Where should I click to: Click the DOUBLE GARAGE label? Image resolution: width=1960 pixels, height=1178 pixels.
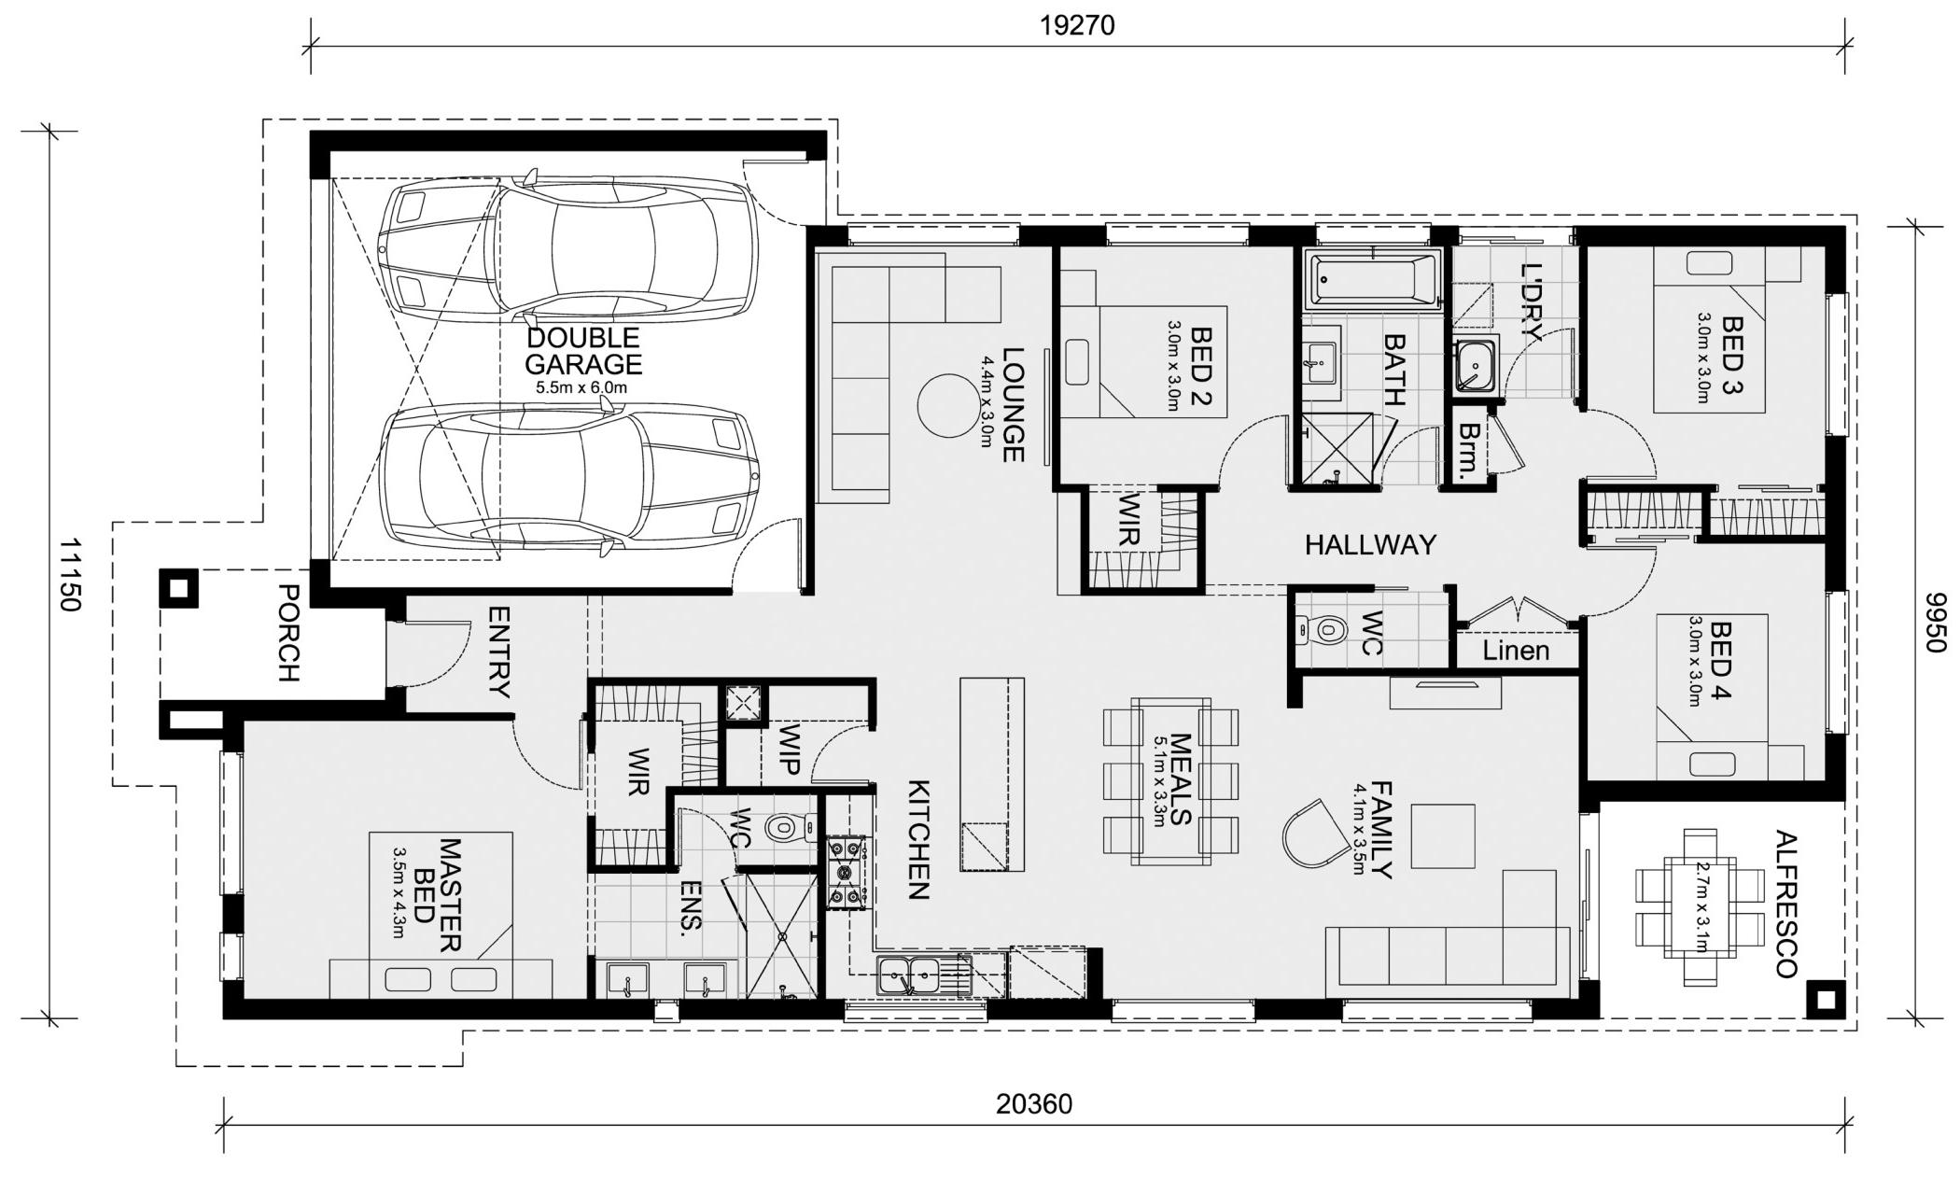[583, 351]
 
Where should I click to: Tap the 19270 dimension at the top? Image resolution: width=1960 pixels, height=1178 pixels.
[1077, 25]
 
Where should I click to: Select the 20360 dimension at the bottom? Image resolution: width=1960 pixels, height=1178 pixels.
[1034, 1104]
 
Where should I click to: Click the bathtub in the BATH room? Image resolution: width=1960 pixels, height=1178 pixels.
[1373, 279]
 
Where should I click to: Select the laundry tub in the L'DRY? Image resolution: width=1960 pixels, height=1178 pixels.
[1475, 365]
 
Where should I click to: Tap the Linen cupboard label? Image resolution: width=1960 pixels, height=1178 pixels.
[1516, 651]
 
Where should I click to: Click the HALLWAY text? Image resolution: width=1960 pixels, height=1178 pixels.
[1370, 544]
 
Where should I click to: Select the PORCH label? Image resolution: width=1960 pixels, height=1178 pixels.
[288, 633]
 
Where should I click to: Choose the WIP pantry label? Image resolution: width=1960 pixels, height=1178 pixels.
[789, 750]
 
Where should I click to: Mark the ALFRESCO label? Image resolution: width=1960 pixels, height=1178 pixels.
[1785, 904]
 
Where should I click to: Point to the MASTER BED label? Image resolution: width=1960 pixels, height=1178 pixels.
[438, 894]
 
